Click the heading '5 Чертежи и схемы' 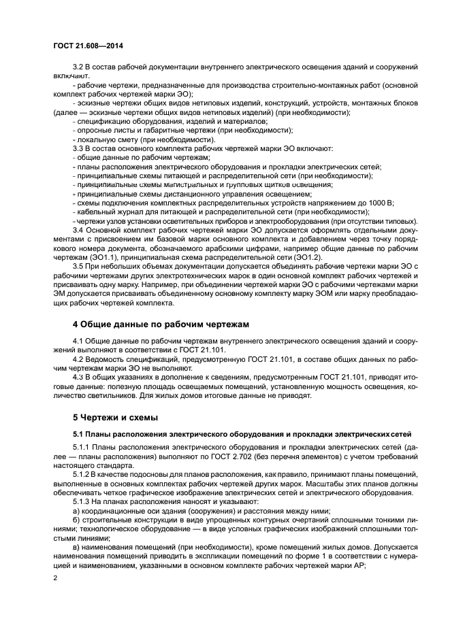[115, 416]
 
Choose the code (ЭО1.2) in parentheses [306, 257]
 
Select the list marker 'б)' [76, 519]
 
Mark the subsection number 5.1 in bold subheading [78, 434]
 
